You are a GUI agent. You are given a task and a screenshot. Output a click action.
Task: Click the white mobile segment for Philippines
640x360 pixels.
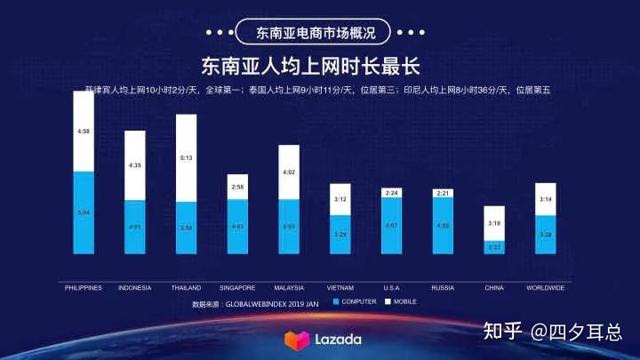pyautogui.click(x=84, y=132)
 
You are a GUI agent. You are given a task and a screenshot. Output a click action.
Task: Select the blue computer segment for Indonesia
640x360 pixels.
pyautogui.click(x=135, y=228)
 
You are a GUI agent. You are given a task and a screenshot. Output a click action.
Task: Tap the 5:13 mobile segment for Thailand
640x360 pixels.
pyautogui.click(x=186, y=158)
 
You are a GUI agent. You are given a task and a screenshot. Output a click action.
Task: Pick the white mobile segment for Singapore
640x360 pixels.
pyautogui.click(x=237, y=187)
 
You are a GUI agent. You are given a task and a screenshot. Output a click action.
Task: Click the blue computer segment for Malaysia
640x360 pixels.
pyautogui.click(x=289, y=228)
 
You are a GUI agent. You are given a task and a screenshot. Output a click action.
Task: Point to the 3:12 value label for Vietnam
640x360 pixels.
pyautogui.click(x=340, y=200)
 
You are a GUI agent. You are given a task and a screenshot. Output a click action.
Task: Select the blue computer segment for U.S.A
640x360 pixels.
pyautogui.click(x=392, y=226)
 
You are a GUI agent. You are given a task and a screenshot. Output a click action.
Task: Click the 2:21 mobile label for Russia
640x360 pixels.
pyautogui.click(x=444, y=193)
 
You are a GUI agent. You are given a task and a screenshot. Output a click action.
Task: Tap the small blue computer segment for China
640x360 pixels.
pyautogui.click(x=494, y=248)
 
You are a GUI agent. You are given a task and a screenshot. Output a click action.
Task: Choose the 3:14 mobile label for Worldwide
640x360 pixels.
pyautogui.click(x=546, y=199)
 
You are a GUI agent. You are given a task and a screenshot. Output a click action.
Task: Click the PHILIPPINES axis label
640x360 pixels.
pyautogui.click(x=84, y=287)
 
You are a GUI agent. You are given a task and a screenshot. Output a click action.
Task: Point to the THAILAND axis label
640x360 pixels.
pyautogui.click(x=186, y=287)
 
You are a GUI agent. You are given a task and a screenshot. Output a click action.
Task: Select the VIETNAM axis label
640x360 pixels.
pyautogui.click(x=340, y=287)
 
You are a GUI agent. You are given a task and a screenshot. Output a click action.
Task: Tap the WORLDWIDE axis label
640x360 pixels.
pyautogui.click(x=546, y=287)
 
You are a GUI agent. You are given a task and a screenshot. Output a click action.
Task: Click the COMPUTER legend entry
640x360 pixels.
pyautogui.click(x=356, y=302)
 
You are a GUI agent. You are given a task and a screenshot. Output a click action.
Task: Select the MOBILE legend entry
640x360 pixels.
pyautogui.click(x=401, y=302)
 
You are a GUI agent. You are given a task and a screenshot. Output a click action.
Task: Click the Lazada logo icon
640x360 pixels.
pyautogui.click(x=293, y=340)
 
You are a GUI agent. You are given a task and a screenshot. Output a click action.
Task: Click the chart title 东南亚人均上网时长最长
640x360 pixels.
pyautogui.click(x=310, y=67)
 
